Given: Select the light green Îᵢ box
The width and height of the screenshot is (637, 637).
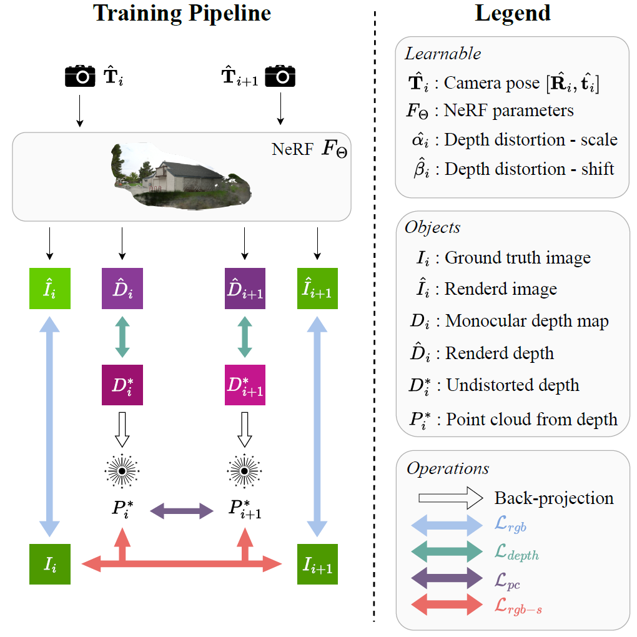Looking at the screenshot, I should click(51, 289).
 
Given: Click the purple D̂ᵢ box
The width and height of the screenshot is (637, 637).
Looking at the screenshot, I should click(122, 289).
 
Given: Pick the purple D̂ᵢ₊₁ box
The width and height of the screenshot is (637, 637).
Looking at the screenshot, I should click(245, 289).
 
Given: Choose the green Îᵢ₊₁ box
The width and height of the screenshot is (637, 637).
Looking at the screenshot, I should click(317, 289).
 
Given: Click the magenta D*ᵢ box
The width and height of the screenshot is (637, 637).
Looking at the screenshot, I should click(122, 385).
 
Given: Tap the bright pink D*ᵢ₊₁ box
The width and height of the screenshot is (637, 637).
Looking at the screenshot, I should click(245, 385).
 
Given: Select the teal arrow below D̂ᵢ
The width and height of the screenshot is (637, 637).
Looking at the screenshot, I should click(122, 337).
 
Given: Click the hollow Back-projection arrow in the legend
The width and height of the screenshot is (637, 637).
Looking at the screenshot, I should click(450, 498).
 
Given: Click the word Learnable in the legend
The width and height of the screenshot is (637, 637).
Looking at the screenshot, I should click(443, 53).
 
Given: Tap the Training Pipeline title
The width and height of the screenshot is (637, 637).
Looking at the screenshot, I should click(182, 14).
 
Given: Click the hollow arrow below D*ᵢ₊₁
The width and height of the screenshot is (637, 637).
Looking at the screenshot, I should click(245, 427).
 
